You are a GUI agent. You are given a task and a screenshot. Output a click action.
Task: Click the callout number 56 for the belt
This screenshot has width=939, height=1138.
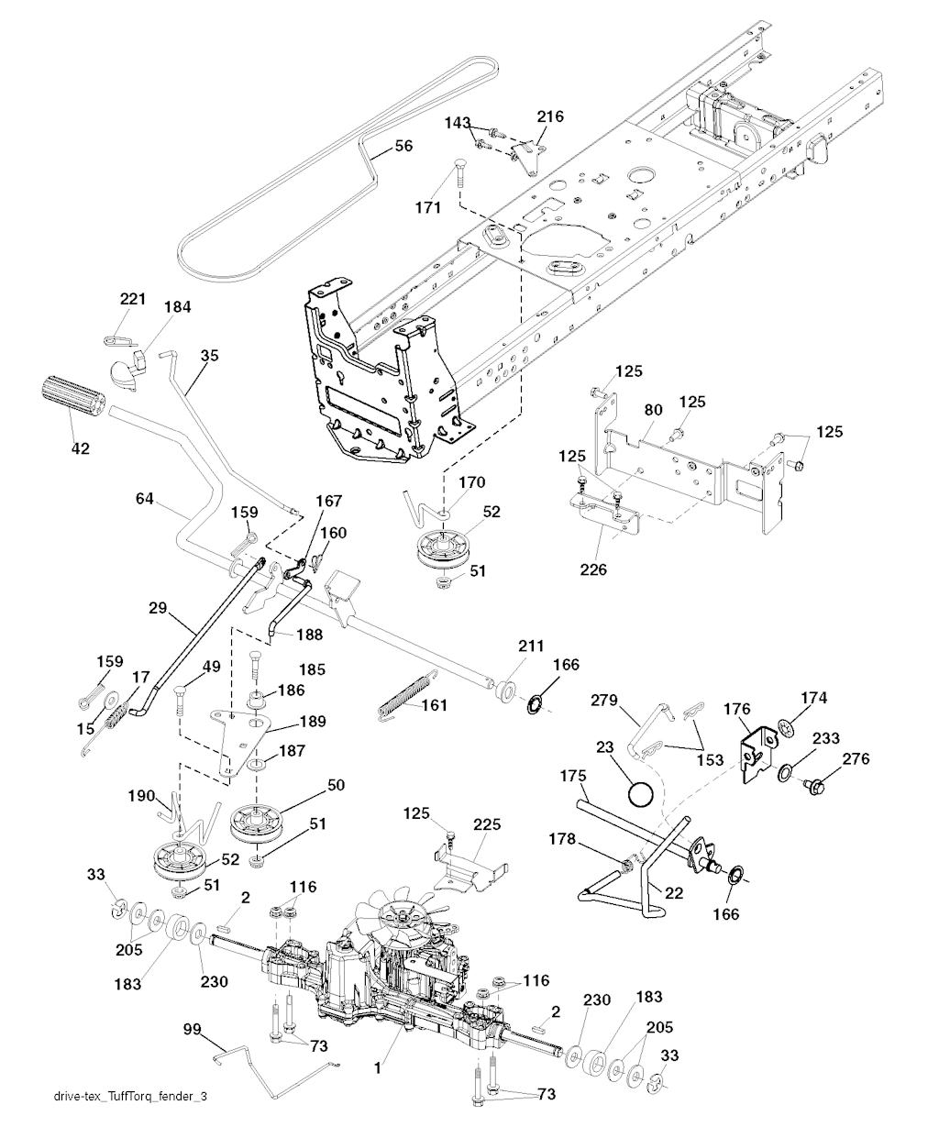[x=403, y=146]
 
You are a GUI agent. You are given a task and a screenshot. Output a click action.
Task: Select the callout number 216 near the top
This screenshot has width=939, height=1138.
[x=550, y=116]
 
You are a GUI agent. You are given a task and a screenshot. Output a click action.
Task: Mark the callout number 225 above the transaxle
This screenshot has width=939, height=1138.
[x=487, y=824]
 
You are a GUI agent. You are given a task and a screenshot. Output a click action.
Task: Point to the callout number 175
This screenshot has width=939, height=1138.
[x=573, y=775]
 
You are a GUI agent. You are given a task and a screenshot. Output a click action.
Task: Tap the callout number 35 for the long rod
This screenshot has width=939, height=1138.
[x=208, y=357]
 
